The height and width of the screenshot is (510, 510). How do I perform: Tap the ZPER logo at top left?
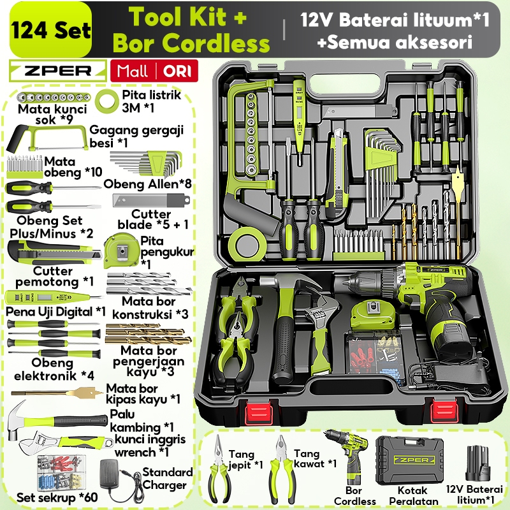point(58,69)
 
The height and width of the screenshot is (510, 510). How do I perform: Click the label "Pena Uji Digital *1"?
point(56,312)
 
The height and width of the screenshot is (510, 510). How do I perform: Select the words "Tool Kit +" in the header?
point(188,17)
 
